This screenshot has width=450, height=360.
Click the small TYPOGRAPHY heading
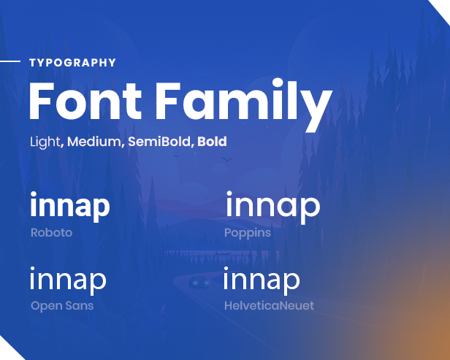(72, 63)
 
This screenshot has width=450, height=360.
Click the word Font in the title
(85, 101)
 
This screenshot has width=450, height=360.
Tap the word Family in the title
(244, 104)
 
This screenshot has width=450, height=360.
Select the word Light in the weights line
(45, 142)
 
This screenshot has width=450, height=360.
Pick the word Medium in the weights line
(94, 142)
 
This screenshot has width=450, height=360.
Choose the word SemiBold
(159, 142)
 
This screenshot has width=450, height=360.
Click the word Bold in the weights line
(212, 142)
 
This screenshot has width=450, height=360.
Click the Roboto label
(51, 233)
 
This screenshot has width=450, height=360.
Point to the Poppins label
(248, 233)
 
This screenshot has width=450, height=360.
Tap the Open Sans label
(62, 306)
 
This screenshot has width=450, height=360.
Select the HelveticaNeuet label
(269, 305)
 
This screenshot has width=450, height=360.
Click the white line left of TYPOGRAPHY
(10, 61)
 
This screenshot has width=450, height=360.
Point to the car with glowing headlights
(199, 283)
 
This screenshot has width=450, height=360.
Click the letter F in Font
(42, 101)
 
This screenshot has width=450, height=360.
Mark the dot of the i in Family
(278, 83)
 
